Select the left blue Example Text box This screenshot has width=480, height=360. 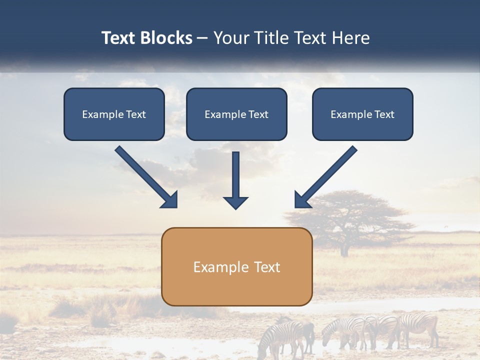point(114,114)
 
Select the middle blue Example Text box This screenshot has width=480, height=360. point(236,114)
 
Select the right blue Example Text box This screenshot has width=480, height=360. point(362,114)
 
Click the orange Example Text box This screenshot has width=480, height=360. point(236,267)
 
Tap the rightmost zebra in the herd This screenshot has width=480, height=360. point(420,327)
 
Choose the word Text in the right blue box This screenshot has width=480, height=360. point(384,114)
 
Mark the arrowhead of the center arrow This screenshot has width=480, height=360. point(235,202)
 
